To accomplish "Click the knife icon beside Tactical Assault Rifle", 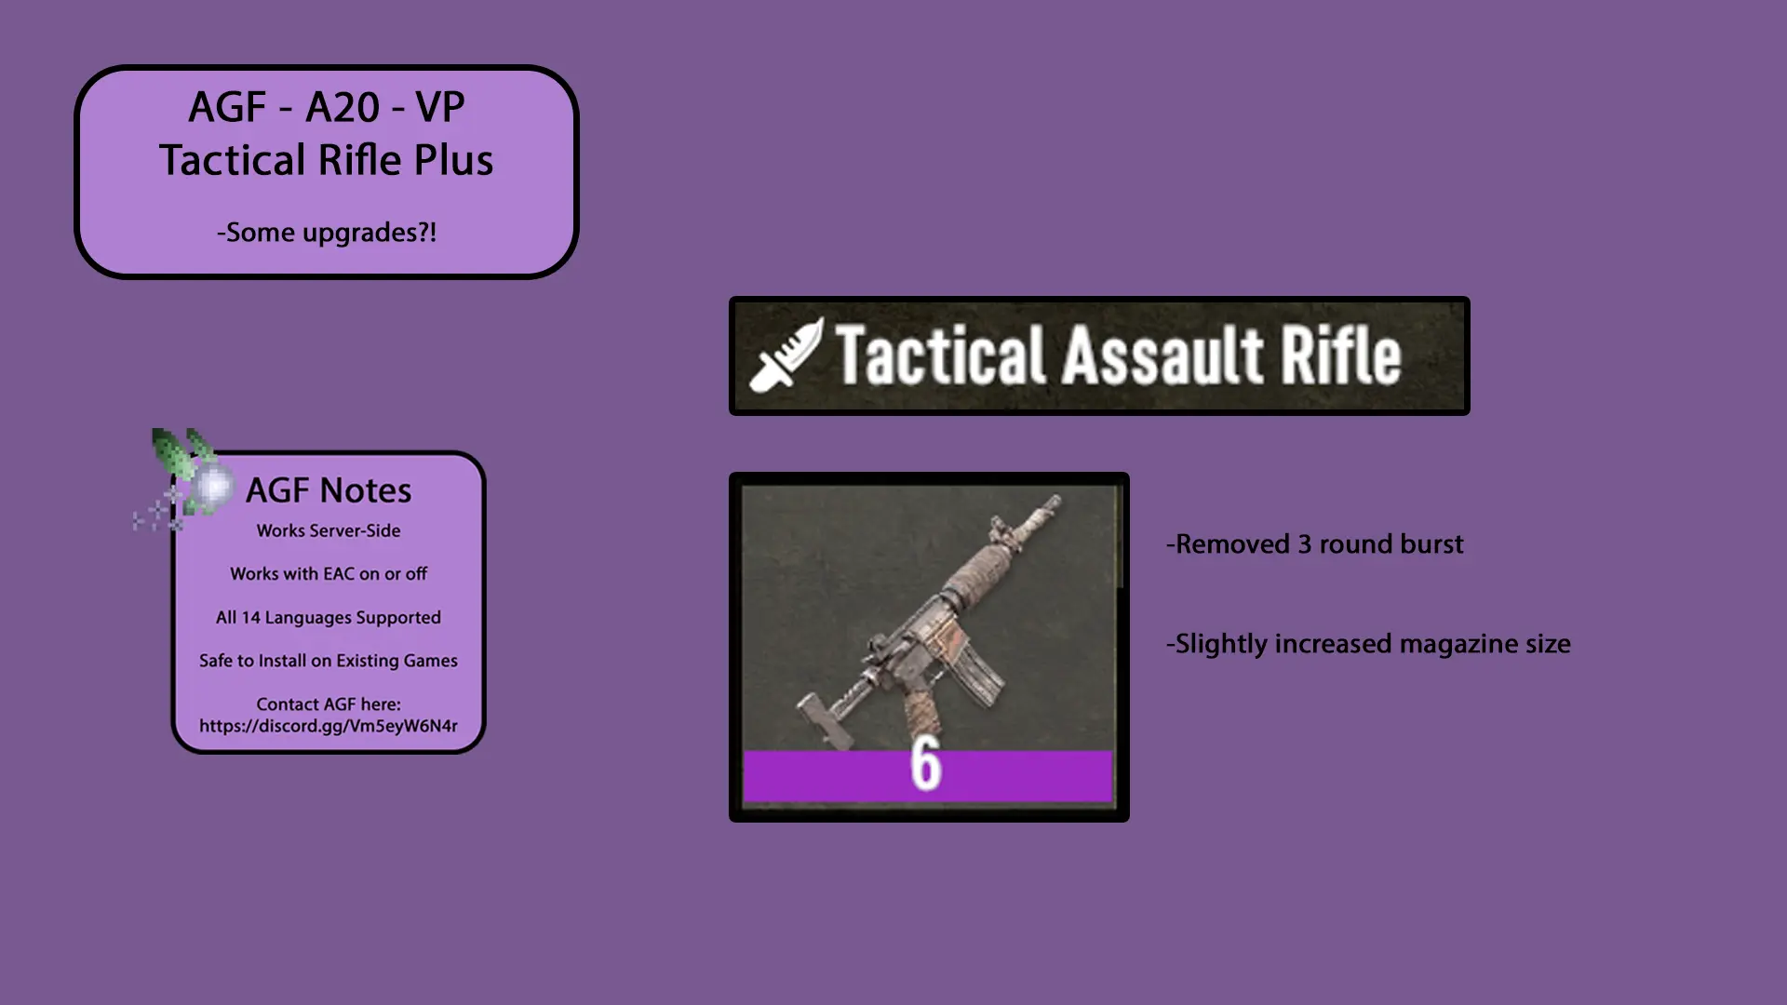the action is click(x=786, y=355).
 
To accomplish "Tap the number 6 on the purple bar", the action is click(x=926, y=765).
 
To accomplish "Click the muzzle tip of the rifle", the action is click(x=1055, y=502).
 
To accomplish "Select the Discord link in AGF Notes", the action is click(x=329, y=726).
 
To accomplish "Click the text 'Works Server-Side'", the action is click(x=329, y=530).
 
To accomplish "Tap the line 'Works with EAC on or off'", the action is click(x=329, y=574).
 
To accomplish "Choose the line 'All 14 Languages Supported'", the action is click(x=329, y=618).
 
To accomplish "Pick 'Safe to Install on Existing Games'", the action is click(x=329, y=661).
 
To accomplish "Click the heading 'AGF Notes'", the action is click(x=329, y=490).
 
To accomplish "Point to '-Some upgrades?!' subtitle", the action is click(x=327, y=233).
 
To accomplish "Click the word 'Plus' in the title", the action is click(x=453, y=160).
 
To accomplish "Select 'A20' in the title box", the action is click(x=343, y=107).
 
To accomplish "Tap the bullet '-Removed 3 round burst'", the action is click(x=1315, y=544).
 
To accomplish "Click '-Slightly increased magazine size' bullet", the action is click(x=1368, y=644).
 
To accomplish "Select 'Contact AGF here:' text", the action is click(x=329, y=704).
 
